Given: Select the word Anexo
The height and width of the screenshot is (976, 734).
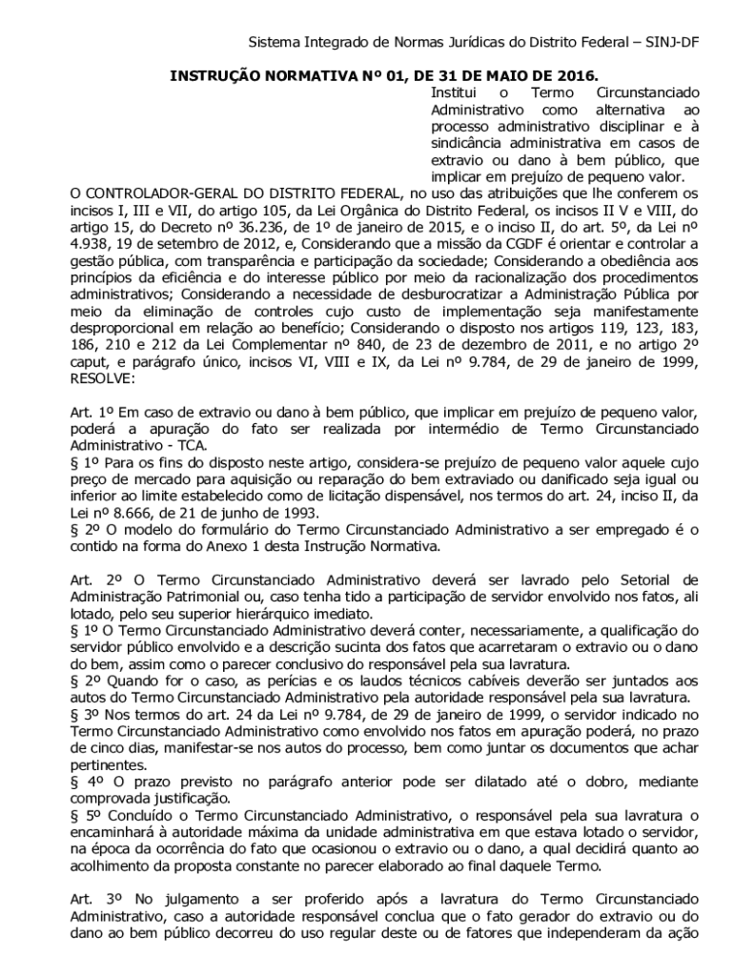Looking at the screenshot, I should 238,546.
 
